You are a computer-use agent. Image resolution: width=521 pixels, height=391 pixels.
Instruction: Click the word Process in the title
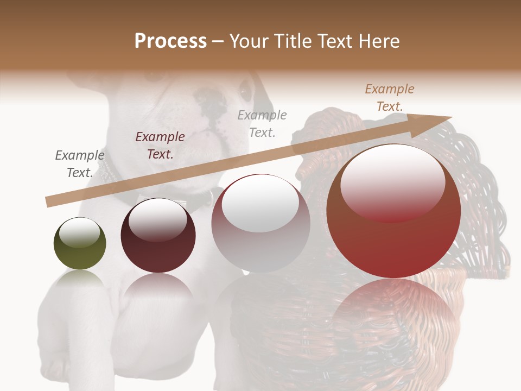pyautogui.click(x=170, y=41)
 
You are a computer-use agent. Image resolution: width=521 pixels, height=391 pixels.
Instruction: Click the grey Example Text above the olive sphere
pyautogui.click(x=80, y=164)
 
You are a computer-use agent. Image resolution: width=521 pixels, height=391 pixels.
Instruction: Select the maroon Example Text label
pyautogui.click(x=160, y=146)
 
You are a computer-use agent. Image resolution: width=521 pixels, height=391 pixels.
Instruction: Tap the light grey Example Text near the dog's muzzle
pyautogui.click(x=262, y=123)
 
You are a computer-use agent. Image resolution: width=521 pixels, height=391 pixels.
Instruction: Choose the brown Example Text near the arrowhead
pyautogui.click(x=390, y=98)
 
